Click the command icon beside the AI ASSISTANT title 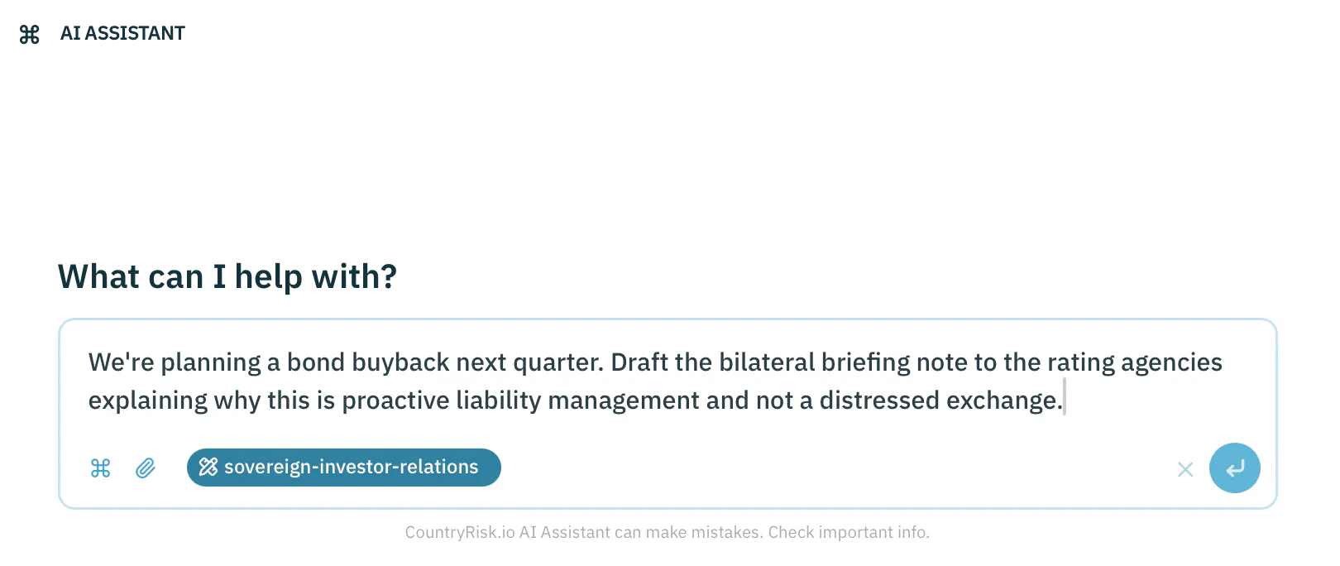click(29, 34)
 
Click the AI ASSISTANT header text click(122, 33)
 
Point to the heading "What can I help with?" click(227, 276)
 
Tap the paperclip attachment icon click(146, 468)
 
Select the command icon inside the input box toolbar click(101, 468)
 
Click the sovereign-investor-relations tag click(343, 468)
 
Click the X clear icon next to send click(1185, 470)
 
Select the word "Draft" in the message click(639, 362)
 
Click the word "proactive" click(395, 401)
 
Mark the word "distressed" click(879, 401)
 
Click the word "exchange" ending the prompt click(1002, 401)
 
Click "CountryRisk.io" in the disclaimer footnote click(460, 532)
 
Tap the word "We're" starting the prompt click(122, 362)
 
